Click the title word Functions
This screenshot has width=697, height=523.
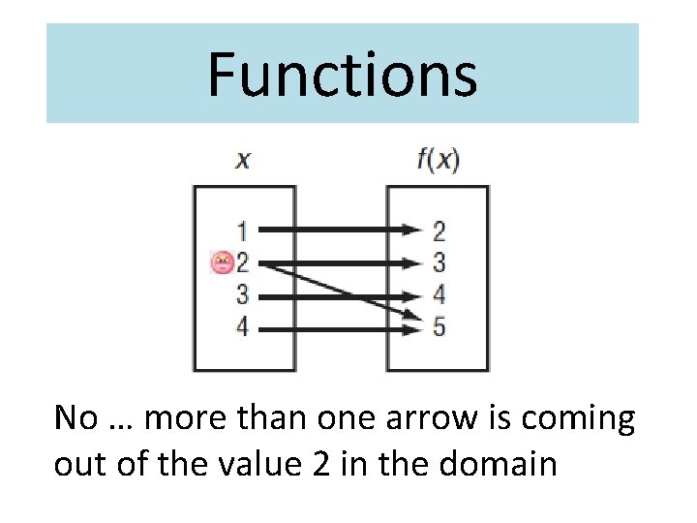(342, 75)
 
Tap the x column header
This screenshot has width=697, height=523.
(242, 160)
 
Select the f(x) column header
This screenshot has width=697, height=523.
(438, 160)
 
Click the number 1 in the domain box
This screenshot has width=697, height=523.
(242, 231)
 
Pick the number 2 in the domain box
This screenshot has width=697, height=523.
(242, 262)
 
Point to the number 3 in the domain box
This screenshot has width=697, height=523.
(242, 295)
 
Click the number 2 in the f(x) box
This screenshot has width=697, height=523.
(439, 231)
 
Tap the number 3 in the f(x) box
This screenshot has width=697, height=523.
(439, 262)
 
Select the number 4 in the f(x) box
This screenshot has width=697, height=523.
(439, 295)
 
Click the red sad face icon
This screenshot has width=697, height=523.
(223, 261)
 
